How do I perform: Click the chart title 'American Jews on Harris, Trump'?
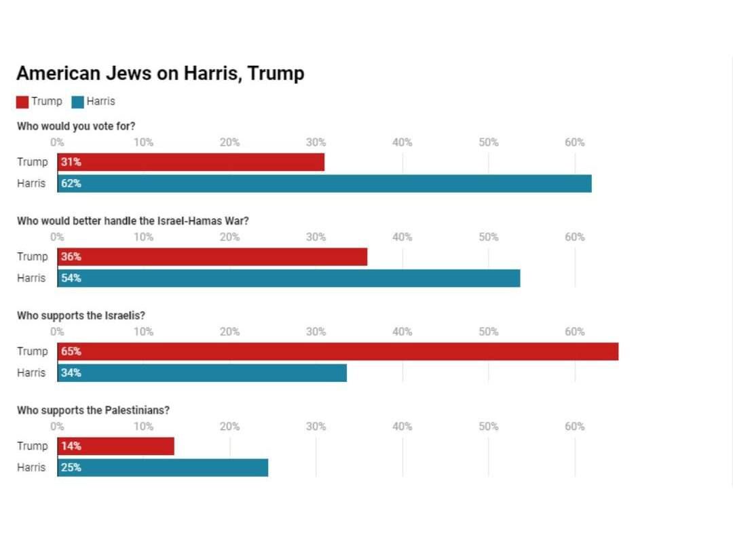(160, 73)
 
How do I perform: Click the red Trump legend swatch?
(22, 102)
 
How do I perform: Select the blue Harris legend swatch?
(78, 102)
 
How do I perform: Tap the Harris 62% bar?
(324, 183)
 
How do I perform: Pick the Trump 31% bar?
(191, 162)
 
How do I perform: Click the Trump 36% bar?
(212, 257)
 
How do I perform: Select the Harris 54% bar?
(289, 278)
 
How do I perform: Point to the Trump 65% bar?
(338, 351)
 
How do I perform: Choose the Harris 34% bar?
(202, 373)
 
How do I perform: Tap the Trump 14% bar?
(116, 446)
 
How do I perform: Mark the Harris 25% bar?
(163, 467)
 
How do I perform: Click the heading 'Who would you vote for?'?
(76, 126)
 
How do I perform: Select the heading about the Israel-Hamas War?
(133, 220)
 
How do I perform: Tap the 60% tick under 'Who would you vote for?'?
(574, 142)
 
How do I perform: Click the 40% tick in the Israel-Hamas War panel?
(402, 237)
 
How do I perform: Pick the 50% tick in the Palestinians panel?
(488, 427)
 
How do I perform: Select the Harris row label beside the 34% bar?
(32, 373)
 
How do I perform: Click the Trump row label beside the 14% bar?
(33, 446)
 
